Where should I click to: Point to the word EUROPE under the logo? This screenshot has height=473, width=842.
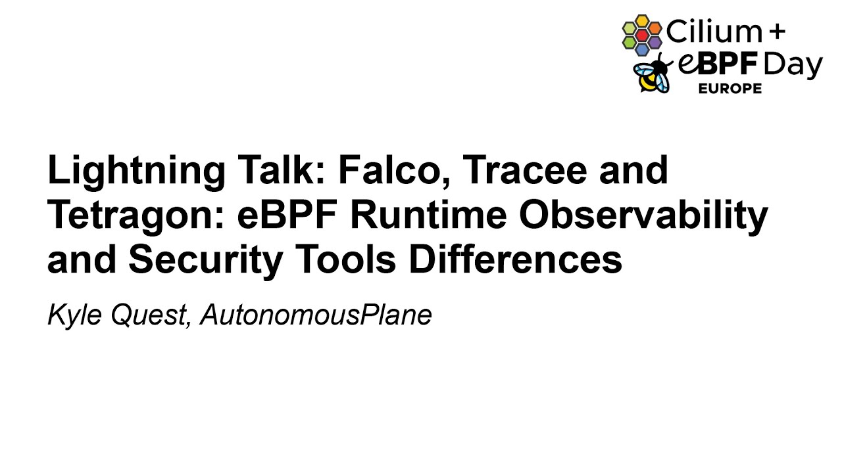(x=730, y=89)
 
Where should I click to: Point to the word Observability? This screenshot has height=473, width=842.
(x=643, y=215)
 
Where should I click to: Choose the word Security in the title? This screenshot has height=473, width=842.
(x=205, y=260)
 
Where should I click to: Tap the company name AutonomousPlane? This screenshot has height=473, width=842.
(x=316, y=315)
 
